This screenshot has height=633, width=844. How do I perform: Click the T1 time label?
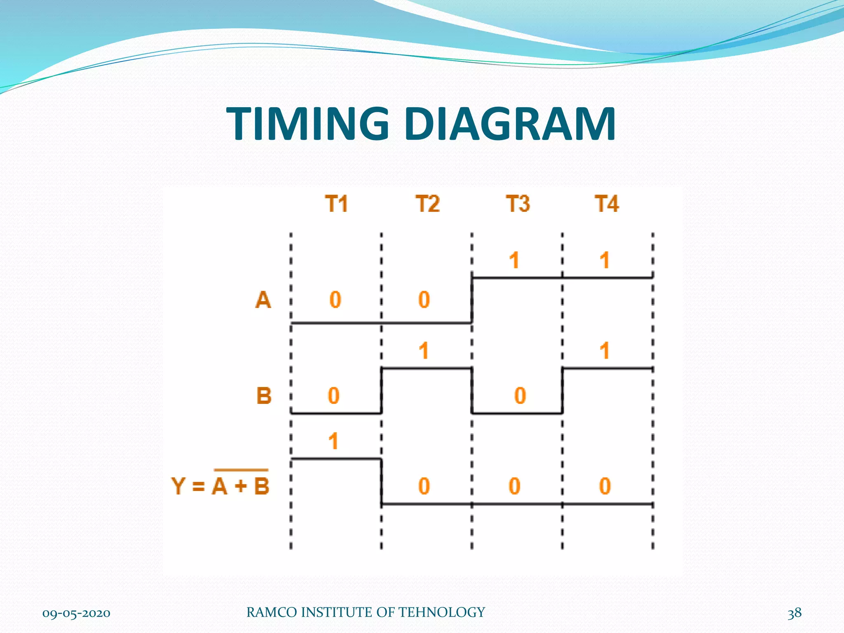[x=336, y=204]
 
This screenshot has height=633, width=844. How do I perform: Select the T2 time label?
[x=427, y=204]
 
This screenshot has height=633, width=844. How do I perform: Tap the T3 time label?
[x=518, y=204]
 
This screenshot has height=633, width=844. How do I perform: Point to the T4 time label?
[x=607, y=204]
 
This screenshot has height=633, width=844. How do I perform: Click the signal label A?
[x=263, y=300]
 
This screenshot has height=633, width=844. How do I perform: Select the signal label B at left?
[x=264, y=396]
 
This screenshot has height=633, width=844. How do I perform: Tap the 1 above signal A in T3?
[x=514, y=260]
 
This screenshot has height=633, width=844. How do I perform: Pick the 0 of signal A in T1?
[x=335, y=300]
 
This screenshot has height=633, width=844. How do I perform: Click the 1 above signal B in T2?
[x=424, y=351]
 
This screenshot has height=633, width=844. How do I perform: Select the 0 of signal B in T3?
[x=520, y=396]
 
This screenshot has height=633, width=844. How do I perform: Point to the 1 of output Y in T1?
[x=333, y=441]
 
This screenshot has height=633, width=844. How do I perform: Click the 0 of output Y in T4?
[x=605, y=486]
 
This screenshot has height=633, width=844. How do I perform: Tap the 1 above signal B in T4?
[x=604, y=351]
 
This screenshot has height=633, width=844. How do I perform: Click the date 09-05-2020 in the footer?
[x=76, y=613]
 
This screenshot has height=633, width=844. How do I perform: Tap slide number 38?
[x=794, y=613]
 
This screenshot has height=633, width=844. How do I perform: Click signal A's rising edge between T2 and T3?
[x=472, y=300]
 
